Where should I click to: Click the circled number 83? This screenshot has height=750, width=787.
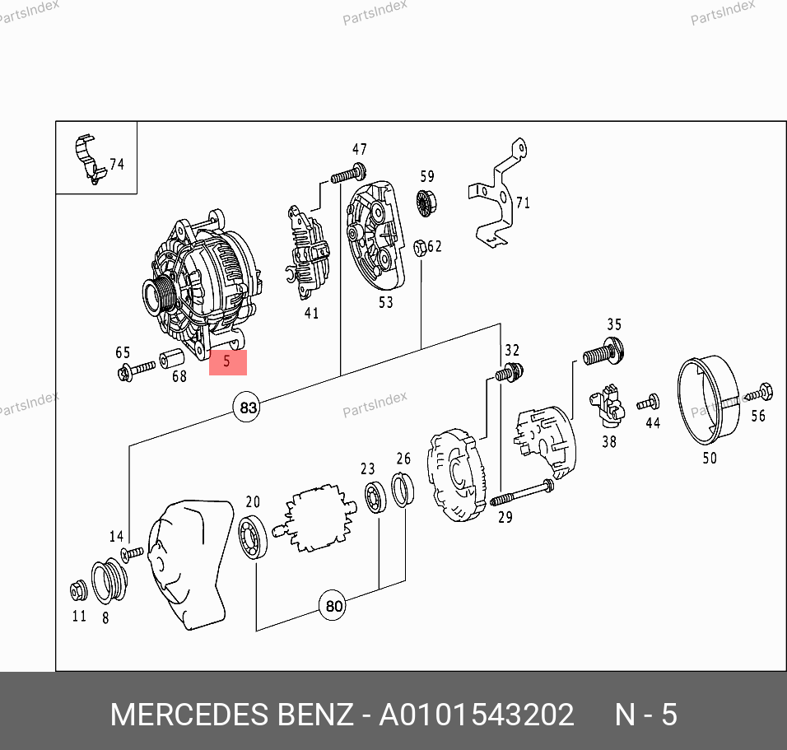click(247, 408)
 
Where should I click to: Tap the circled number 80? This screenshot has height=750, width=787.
click(333, 606)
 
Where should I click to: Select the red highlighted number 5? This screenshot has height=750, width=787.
click(228, 362)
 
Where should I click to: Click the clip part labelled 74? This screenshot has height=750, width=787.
click(90, 159)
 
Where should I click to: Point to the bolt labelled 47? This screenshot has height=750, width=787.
click(348, 174)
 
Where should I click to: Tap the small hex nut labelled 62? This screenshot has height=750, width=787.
click(420, 248)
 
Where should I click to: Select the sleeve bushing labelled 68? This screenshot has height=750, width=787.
click(172, 358)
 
